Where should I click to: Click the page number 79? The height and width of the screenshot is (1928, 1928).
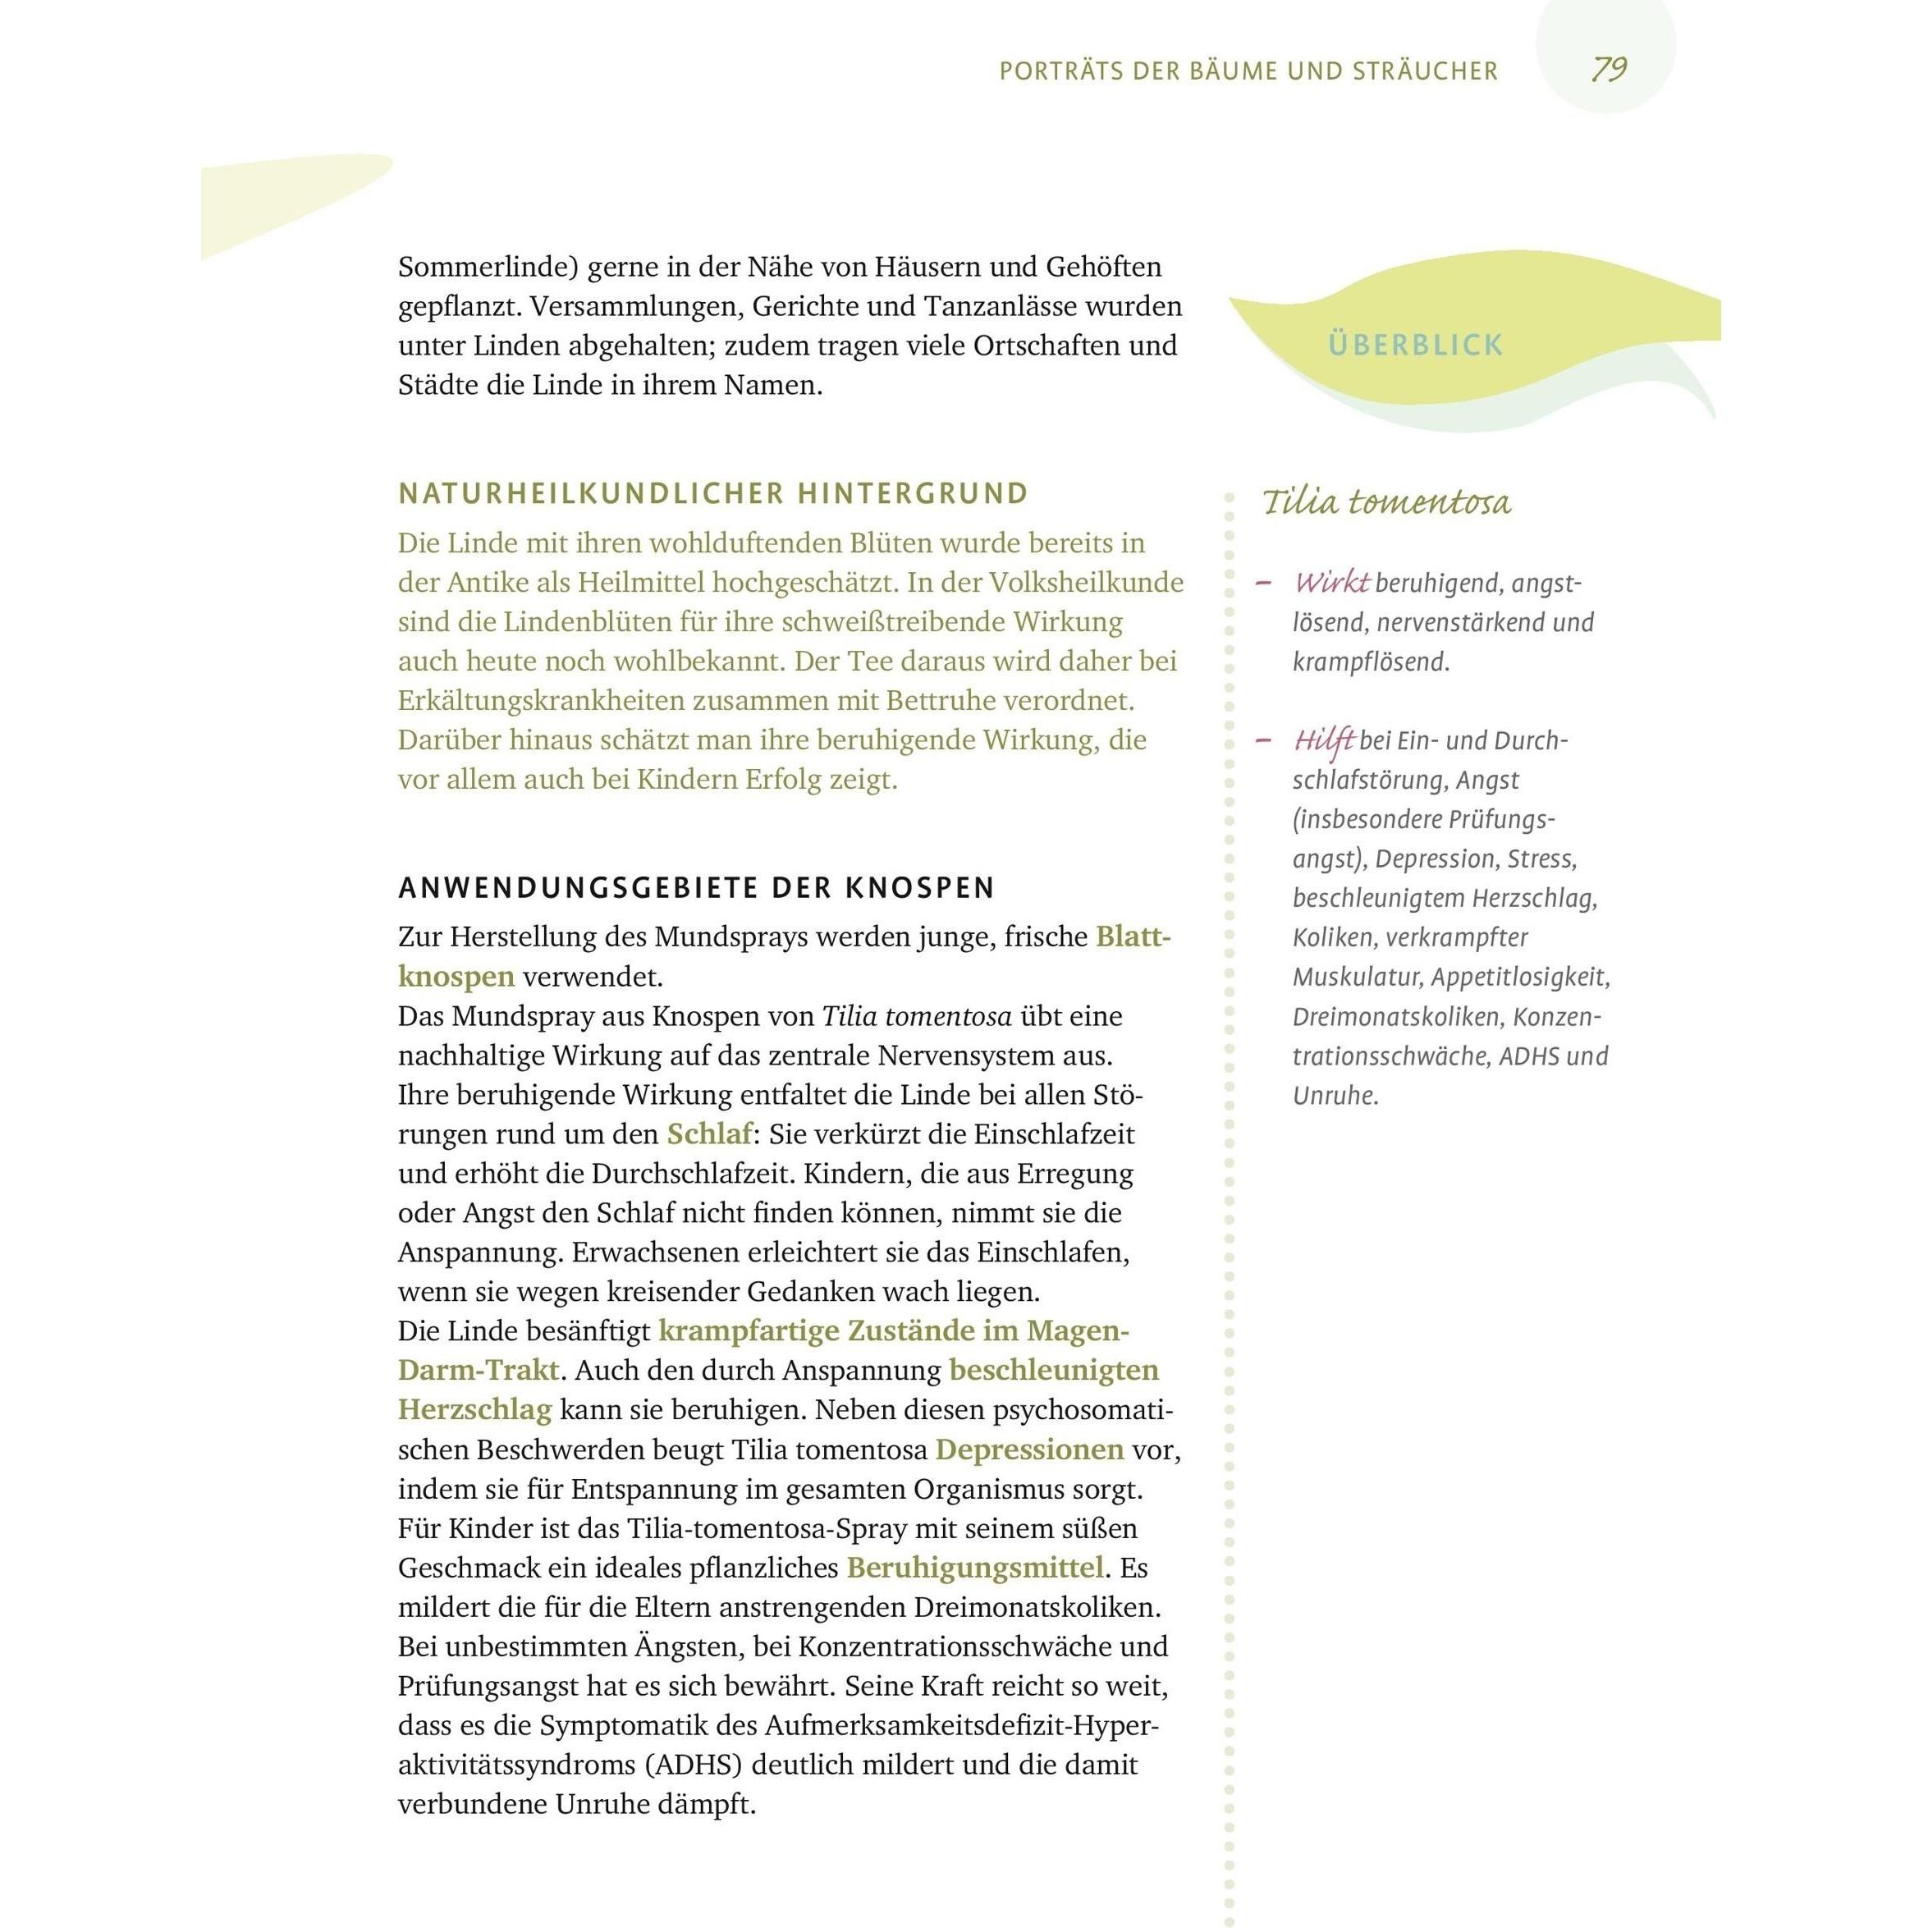(x=1609, y=69)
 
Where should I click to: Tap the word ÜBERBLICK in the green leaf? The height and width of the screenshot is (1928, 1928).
(x=1415, y=346)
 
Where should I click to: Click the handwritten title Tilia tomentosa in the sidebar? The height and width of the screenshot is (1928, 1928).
(x=1386, y=502)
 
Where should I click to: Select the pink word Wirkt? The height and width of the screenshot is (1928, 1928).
(x=1331, y=583)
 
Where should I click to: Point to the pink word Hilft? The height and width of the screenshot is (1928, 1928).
(x=1323, y=740)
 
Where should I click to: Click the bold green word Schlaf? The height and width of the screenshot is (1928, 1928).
(x=709, y=1134)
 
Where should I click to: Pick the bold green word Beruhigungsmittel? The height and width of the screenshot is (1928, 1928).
(x=975, y=1568)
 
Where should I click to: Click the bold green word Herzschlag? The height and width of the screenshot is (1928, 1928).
(x=474, y=1410)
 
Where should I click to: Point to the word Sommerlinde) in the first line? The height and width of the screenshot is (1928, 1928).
(x=484, y=268)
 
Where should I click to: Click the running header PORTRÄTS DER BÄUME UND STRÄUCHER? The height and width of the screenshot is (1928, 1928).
(x=1248, y=71)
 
